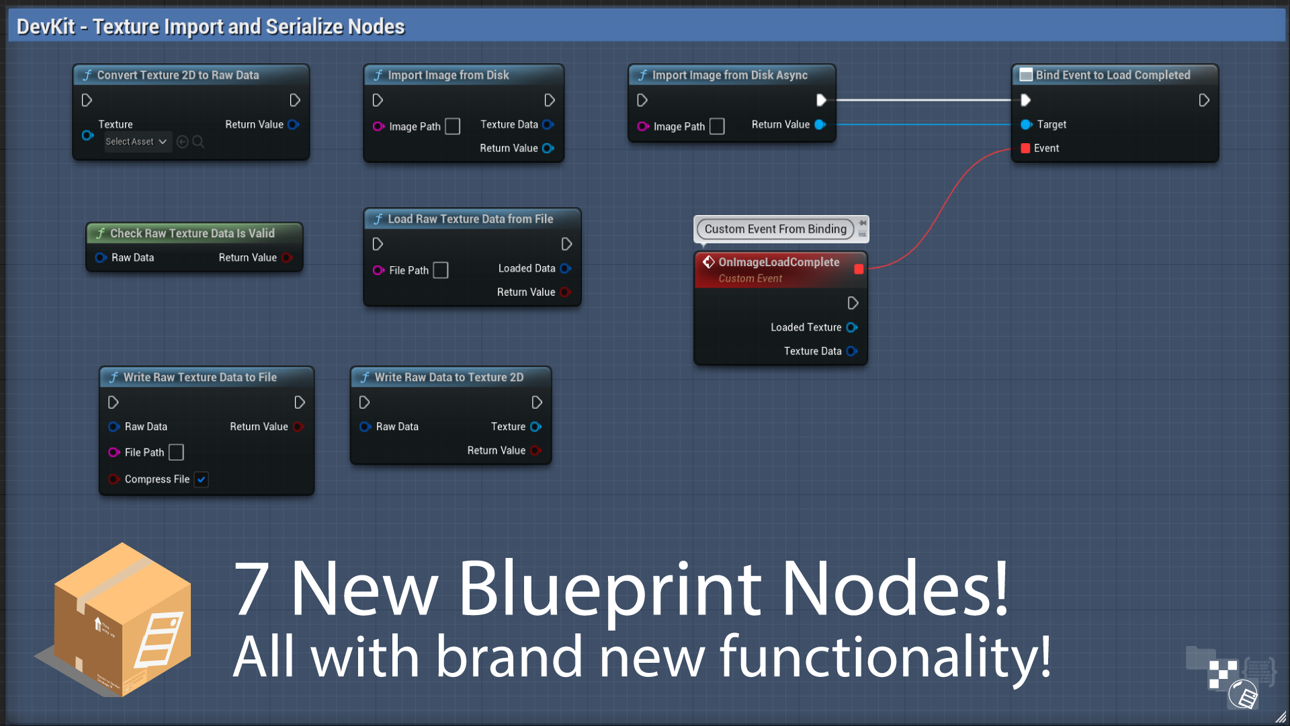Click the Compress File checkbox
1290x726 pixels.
point(201,479)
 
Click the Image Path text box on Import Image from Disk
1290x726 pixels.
point(453,126)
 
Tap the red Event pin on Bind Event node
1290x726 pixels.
point(1025,149)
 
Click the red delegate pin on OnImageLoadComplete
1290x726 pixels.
point(859,269)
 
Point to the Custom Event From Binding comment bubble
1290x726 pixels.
point(775,229)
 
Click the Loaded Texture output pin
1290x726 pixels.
point(852,327)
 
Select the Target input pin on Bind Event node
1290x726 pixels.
point(1026,124)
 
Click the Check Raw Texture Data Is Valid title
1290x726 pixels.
point(192,233)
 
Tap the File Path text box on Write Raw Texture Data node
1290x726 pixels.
point(176,452)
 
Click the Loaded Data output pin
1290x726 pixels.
point(566,268)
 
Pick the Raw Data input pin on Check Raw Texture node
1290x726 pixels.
point(101,257)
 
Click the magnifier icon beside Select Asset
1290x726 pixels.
point(198,142)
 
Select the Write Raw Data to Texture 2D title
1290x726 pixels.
point(449,377)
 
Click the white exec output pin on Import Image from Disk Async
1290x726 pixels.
point(821,100)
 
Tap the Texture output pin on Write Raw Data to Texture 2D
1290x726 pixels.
point(535,427)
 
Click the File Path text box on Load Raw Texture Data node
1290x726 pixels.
point(441,270)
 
